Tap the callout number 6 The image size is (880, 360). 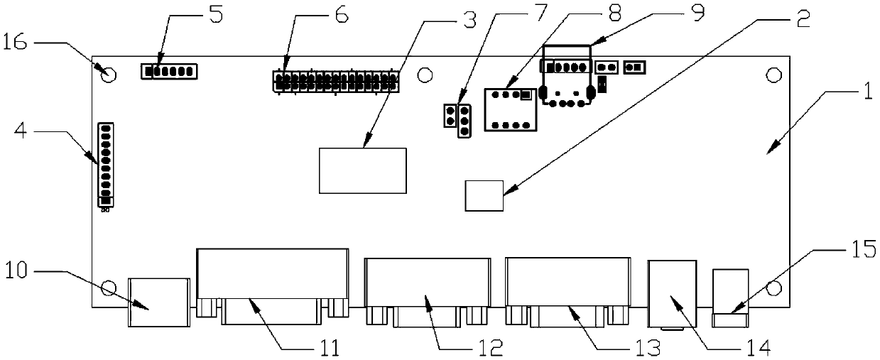[342, 15]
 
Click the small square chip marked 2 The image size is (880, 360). [484, 196]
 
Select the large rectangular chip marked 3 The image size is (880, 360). [363, 170]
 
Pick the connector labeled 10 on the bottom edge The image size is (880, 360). [158, 302]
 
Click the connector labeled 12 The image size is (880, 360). [427, 291]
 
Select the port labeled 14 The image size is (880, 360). [672, 294]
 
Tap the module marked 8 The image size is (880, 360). [510, 109]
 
